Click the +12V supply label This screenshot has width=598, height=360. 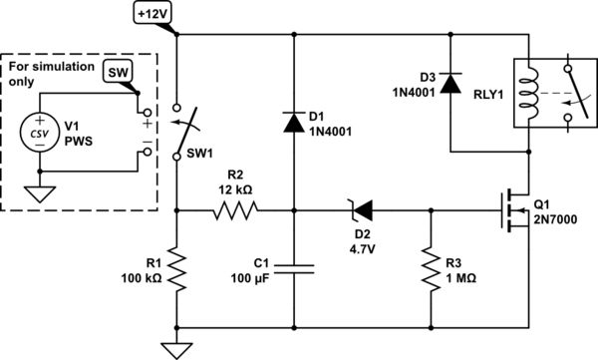(x=155, y=12)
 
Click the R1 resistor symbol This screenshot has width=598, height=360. (x=176, y=269)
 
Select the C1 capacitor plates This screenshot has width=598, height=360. (x=294, y=268)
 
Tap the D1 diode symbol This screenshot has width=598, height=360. (x=294, y=122)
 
